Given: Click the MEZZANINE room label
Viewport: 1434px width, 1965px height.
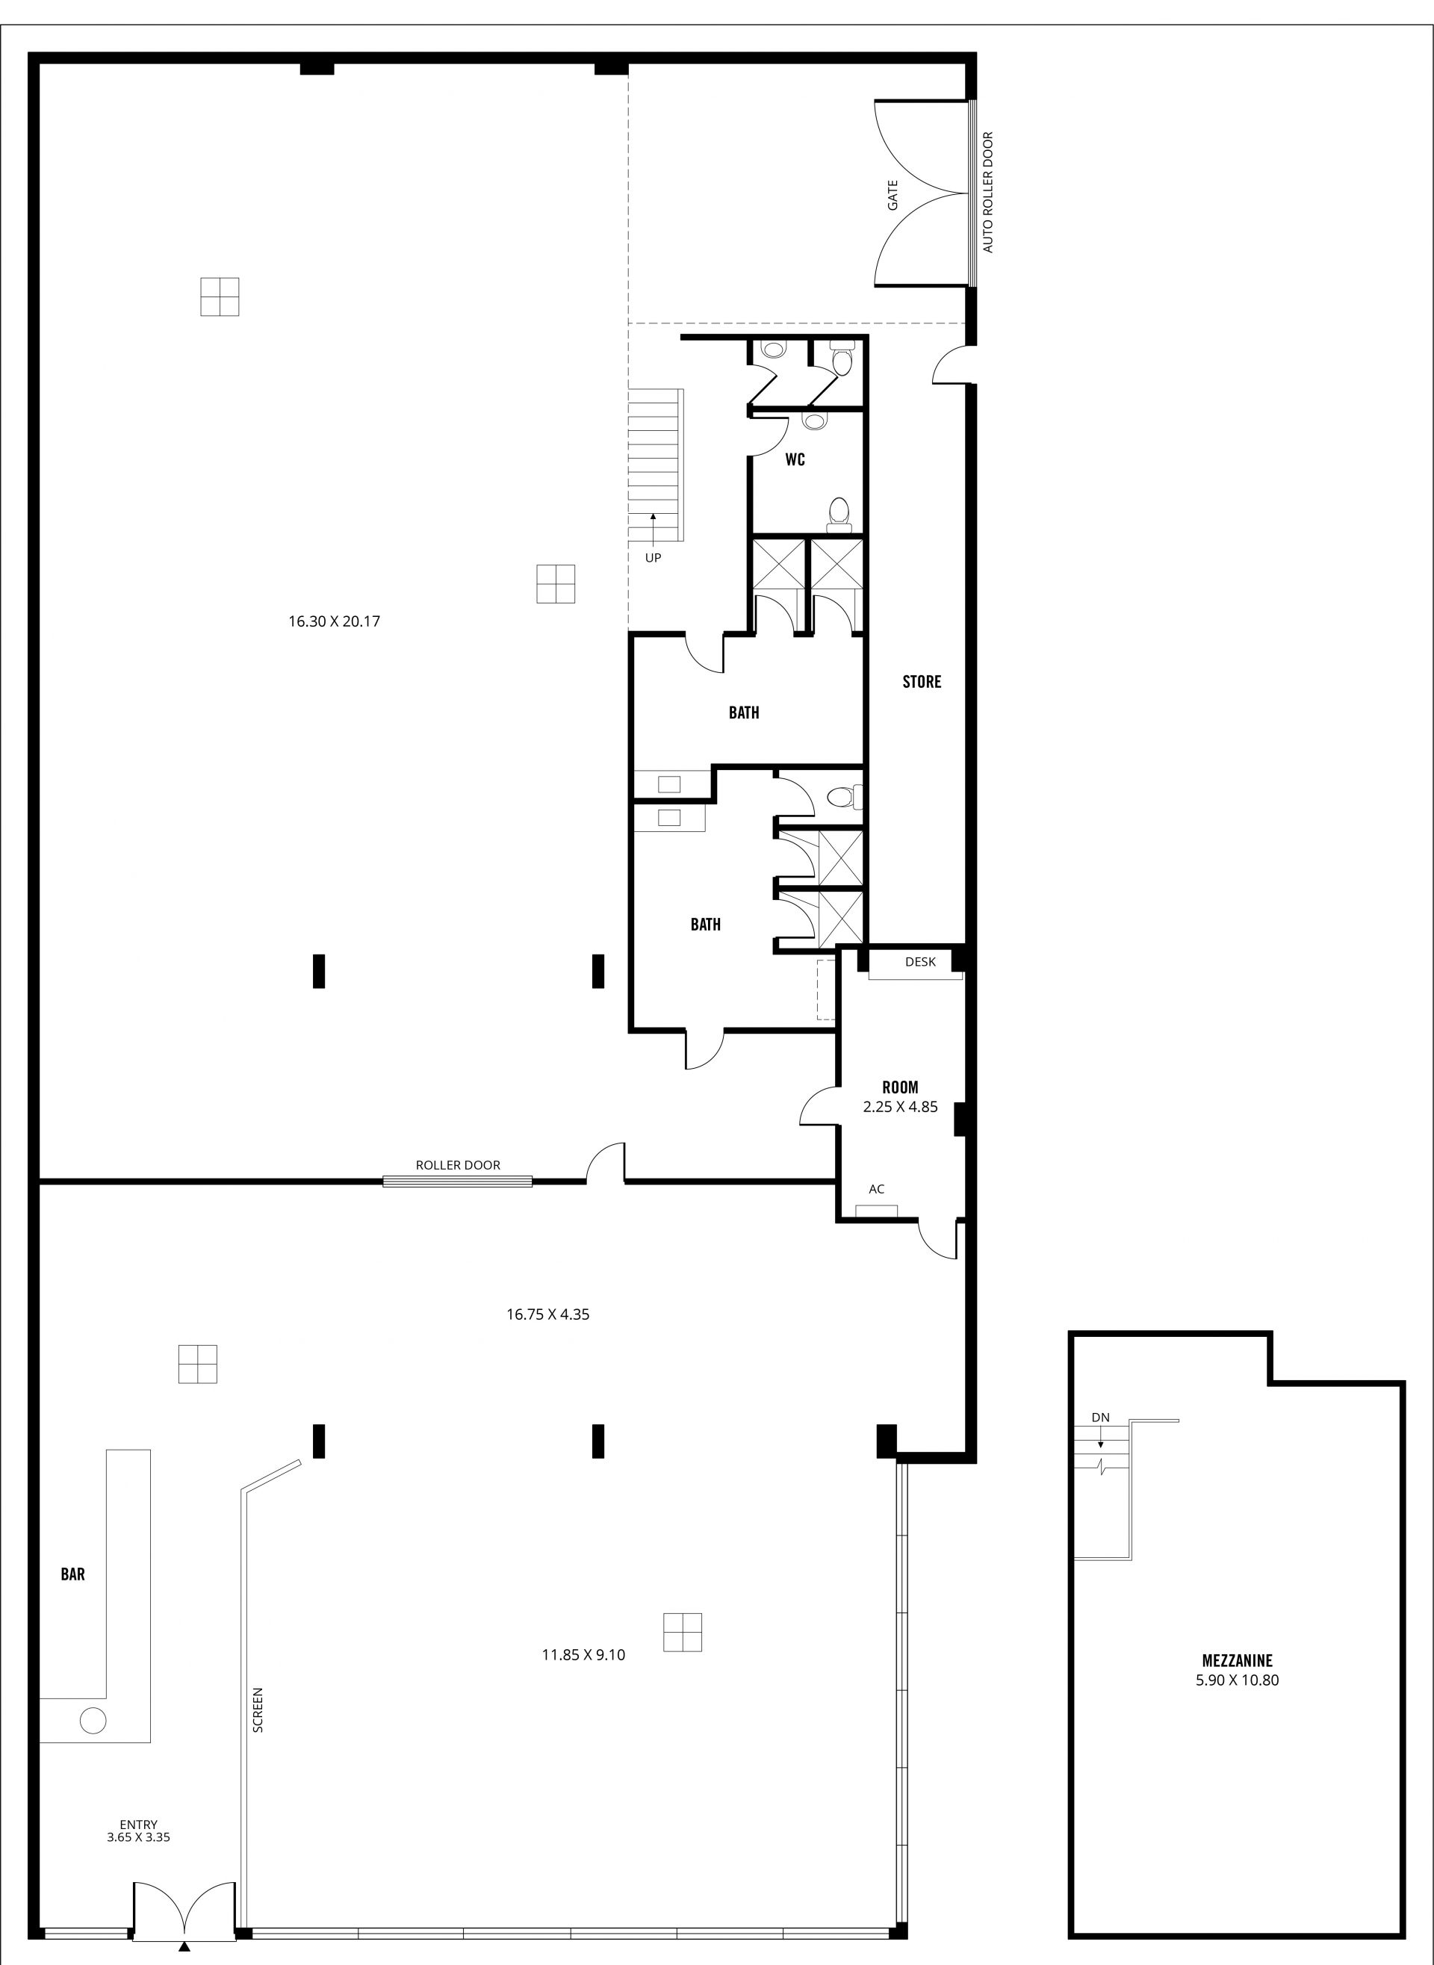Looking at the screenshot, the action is [x=1237, y=1660].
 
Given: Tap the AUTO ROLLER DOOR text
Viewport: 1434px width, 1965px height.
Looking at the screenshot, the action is [x=988, y=193].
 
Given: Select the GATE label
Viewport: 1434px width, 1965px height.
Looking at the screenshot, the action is [x=893, y=194].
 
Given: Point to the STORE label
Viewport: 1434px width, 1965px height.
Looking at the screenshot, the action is [x=922, y=681].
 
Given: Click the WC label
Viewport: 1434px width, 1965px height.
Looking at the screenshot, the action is [x=795, y=459].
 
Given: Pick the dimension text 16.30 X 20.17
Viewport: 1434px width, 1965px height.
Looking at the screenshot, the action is [x=334, y=621].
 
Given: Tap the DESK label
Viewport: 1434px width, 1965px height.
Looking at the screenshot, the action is [x=921, y=962].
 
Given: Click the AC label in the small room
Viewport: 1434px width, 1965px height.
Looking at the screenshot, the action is [x=877, y=1189].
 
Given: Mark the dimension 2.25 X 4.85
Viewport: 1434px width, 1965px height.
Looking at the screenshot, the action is [x=900, y=1107].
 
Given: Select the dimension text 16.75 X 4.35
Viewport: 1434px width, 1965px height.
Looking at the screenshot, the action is [x=547, y=1314].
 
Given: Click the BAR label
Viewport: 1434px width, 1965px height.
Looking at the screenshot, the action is [x=73, y=1574].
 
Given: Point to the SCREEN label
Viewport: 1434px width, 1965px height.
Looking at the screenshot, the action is [x=258, y=1710].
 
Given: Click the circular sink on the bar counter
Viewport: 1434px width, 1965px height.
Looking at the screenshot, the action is [x=93, y=1719].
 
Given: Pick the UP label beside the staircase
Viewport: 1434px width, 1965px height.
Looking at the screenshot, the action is [x=653, y=558].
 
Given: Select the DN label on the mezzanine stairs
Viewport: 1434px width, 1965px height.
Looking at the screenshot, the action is [x=1101, y=1418].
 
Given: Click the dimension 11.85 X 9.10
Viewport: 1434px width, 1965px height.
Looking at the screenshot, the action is [x=583, y=1654].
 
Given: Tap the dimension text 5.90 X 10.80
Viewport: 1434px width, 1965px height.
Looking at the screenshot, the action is [x=1237, y=1680].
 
